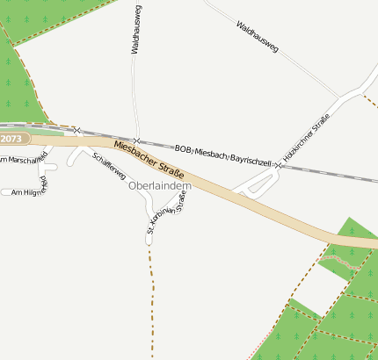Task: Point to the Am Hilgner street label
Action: coord(24,191)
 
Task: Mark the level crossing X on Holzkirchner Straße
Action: coord(278,164)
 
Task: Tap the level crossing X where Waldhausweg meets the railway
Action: coord(136,141)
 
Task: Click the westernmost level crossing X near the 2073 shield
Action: coord(77,130)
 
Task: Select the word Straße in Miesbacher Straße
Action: coord(179,164)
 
